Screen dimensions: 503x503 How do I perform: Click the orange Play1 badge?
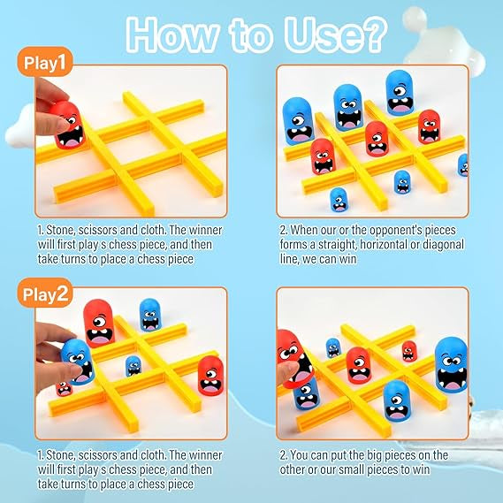tap(45, 62)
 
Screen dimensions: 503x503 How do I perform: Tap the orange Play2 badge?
tap(45, 293)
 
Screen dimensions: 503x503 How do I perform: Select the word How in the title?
tap(172, 35)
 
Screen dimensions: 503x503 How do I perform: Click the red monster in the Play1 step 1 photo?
tap(68, 126)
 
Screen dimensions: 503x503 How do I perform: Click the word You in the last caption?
tap(301, 455)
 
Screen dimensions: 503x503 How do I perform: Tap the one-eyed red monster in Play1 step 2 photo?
tap(377, 139)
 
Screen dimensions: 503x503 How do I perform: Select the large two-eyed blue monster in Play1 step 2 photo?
tap(348, 108)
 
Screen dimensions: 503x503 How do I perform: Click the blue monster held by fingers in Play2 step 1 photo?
tap(78, 362)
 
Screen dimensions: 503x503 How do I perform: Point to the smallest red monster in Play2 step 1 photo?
tap(64, 388)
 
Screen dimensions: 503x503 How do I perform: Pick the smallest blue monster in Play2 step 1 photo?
tap(133, 366)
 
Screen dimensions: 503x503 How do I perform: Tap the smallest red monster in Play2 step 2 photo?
tap(409, 351)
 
